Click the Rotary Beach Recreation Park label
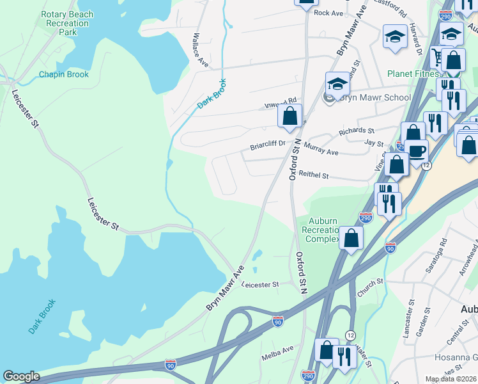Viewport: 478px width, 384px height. point(66,23)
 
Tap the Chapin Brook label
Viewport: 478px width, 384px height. point(64,74)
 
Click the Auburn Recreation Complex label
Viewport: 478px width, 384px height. point(323,230)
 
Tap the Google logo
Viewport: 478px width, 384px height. point(21,376)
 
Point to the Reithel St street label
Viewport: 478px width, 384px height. point(313,174)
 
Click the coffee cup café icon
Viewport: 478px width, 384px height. point(416,152)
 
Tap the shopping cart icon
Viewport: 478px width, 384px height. point(438,56)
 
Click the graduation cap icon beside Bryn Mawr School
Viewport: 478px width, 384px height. point(337,84)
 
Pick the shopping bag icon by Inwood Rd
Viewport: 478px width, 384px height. point(289,116)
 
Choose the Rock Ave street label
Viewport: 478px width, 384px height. point(329,12)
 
